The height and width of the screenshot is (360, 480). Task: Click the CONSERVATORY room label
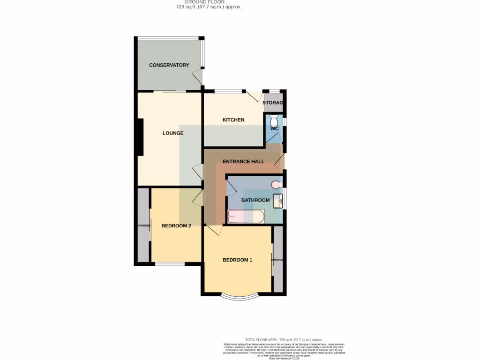point(169,65)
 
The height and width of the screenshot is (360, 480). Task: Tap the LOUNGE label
point(172,133)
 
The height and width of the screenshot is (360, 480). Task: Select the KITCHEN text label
point(233,120)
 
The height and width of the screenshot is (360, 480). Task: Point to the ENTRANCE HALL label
point(243,162)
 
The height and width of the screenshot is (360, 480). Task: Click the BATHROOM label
point(255,200)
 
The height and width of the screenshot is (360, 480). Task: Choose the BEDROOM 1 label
point(237,260)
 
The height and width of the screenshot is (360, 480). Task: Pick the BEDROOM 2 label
point(176,225)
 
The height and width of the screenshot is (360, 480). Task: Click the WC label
point(275,128)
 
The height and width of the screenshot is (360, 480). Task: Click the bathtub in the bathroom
point(246,217)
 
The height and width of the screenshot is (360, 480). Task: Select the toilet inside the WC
point(274,118)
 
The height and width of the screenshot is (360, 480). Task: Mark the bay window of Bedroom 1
point(239,296)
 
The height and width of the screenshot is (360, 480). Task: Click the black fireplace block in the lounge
point(140,137)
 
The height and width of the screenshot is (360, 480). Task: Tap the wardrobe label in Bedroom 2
point(143,225)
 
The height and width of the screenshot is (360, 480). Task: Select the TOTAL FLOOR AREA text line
point(284,339)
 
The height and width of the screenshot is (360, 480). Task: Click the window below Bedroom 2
point(170,264)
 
